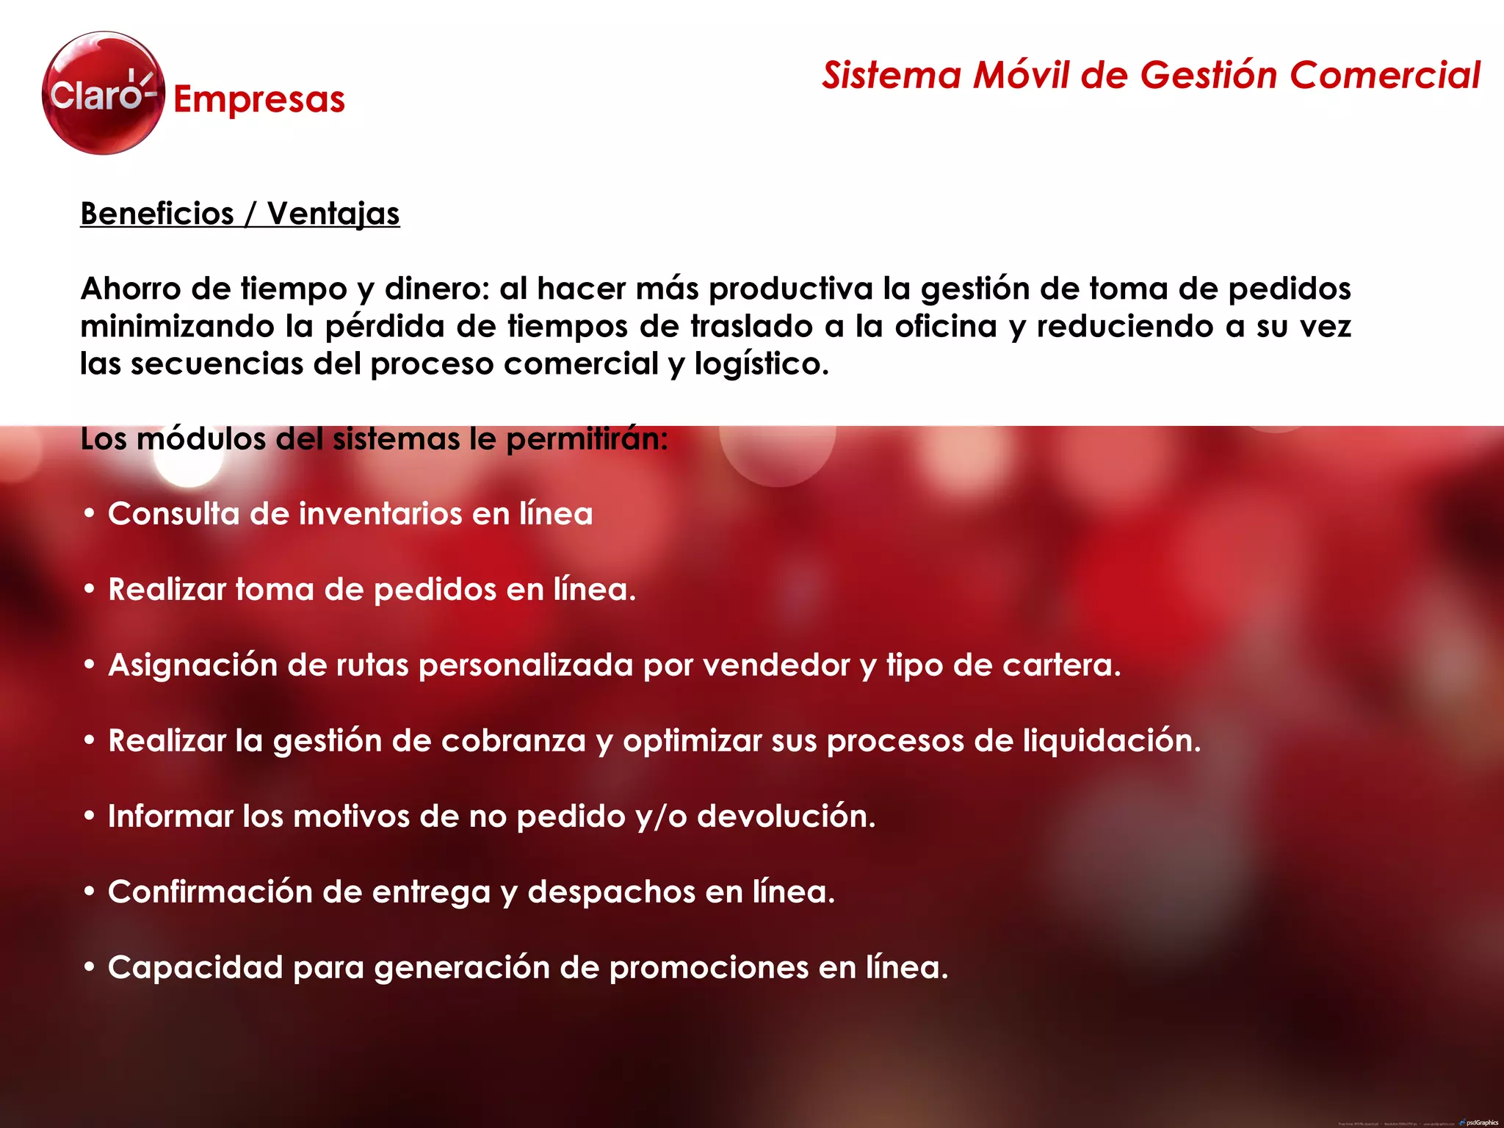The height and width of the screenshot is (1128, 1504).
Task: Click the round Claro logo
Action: (103, 93)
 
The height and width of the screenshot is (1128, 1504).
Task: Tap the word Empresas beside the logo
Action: (258, 99)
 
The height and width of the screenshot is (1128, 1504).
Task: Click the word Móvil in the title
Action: (1022, 76)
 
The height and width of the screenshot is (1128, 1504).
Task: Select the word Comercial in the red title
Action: (1384, 76)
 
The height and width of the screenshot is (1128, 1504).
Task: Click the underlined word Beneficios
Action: (157, 214)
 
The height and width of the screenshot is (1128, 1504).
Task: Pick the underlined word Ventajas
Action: (333, 214)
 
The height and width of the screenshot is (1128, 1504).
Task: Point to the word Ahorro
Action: (131, 289)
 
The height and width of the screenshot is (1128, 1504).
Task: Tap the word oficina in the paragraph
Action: (946, 326)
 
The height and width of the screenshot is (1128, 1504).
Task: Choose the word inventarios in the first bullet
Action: (380, 514)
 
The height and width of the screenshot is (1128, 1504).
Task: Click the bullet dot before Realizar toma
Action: (90, 590)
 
